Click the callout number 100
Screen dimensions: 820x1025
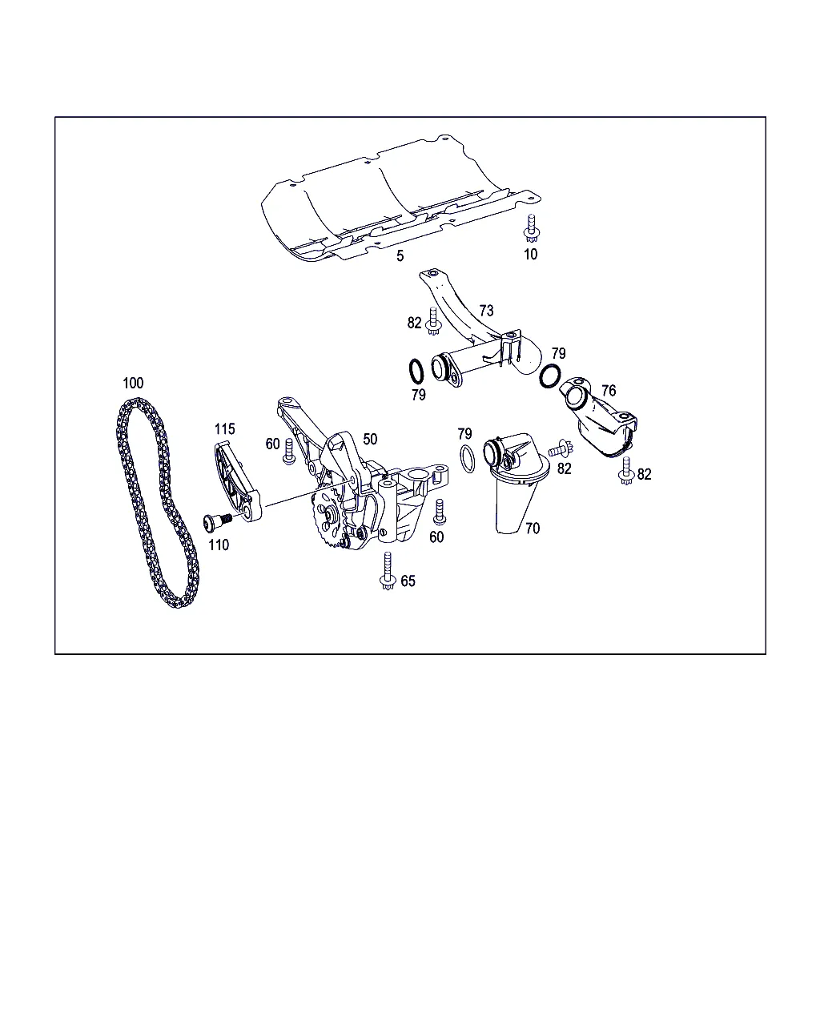coord(133,383)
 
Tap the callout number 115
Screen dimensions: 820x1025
coord(224,429)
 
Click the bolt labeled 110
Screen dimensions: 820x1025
coord(217,521)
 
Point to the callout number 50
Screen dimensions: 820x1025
coord(370,439)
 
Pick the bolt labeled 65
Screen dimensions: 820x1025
coord(388,571)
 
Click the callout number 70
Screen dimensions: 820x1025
coord(533,529)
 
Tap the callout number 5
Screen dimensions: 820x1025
coord(400,256)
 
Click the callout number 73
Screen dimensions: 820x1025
coord(486,311)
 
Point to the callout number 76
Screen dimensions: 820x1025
coord(609,391)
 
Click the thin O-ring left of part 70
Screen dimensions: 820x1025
coord(468,459)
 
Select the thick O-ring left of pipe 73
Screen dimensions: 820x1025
coord(416,372)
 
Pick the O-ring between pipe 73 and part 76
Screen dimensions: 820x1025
coord(550,376)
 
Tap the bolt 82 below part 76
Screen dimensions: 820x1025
coord(626,471)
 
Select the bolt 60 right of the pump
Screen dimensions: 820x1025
coord(440,512)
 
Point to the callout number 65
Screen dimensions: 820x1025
coord(408,581)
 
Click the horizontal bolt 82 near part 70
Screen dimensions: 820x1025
coord(561,448)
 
